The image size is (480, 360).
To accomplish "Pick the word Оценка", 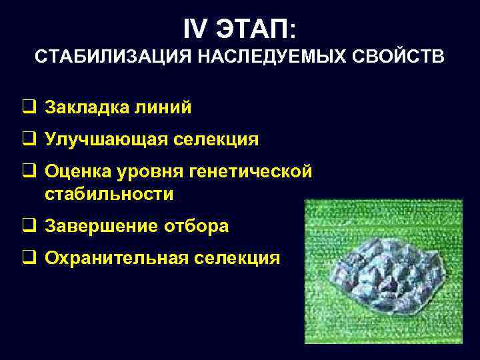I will (75, 172).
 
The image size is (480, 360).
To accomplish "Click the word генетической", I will (251, 172).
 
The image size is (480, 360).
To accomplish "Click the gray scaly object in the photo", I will (391, 273).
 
